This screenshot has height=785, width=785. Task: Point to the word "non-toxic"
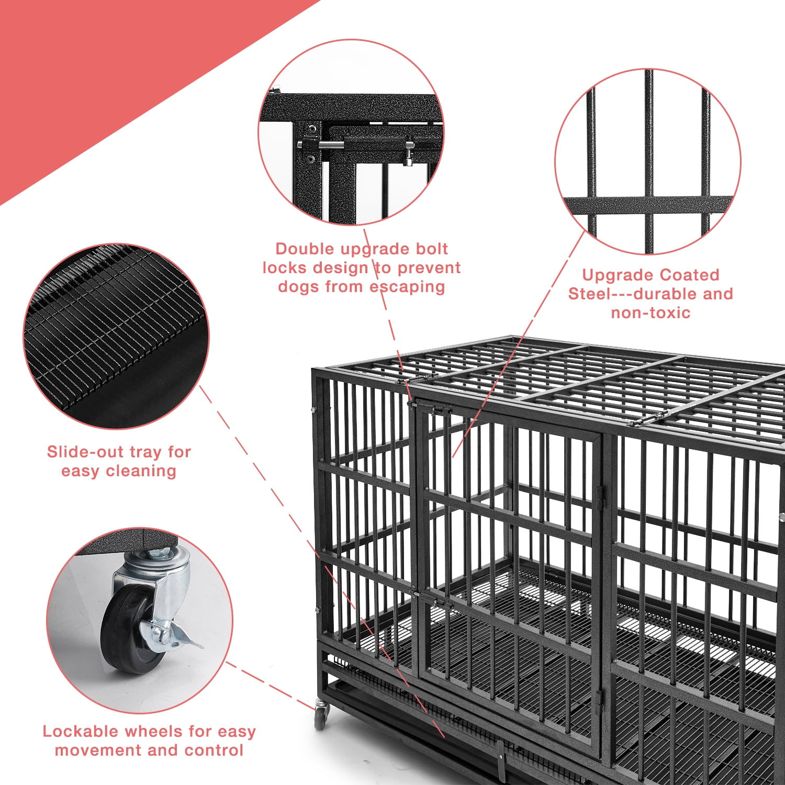point(651,313)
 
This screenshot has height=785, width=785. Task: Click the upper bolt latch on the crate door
point(432,408)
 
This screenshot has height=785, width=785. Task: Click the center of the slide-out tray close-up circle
point(116,337)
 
